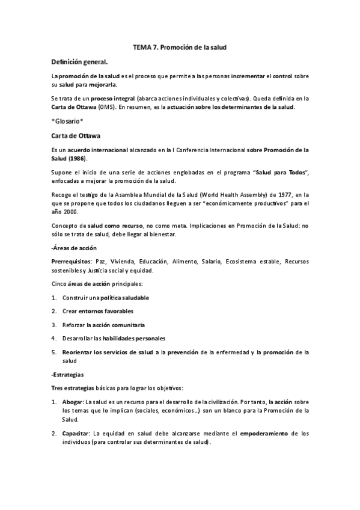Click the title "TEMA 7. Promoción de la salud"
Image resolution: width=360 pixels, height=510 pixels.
click(x=180, y=46)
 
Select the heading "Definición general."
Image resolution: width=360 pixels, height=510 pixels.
click(x=80, y=61)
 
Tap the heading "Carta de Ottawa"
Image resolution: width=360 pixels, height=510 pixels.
click(x=76, y=136)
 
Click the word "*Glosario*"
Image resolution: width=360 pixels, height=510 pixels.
click(x=67, y=121)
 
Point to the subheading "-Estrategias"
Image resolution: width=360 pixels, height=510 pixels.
click(x=68, y=374)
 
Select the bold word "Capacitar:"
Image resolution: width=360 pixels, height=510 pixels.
click(x=76, y=433)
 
